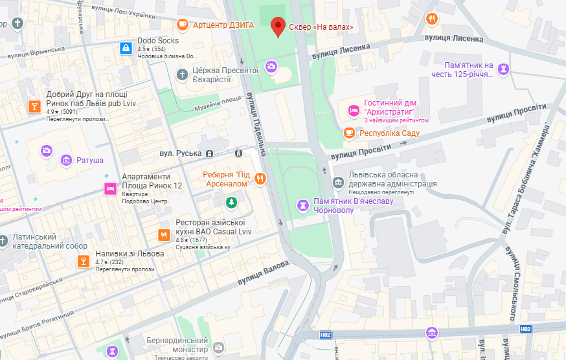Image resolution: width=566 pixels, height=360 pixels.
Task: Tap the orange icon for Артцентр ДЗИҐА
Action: [183, 25]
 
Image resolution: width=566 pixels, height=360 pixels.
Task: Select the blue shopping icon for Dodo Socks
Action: [126, 48]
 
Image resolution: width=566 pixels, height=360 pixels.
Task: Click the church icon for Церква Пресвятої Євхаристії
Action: [183, 74]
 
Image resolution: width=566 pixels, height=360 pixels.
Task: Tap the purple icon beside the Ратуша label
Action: [66, 160]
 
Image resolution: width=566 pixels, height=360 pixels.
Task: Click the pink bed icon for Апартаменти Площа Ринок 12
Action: [111, 188]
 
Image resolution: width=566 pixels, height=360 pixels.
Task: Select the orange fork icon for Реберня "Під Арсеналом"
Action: [260, 179]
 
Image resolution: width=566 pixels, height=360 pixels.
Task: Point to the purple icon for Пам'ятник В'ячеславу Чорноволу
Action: [302, 205]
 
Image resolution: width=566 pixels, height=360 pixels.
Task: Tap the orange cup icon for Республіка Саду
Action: [349, 133]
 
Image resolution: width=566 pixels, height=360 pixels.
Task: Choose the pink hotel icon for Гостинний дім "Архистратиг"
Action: [354, 111]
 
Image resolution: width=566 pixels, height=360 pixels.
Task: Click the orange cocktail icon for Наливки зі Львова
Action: [83, 261]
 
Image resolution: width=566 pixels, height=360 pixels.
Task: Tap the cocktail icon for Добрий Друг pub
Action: [34, 106]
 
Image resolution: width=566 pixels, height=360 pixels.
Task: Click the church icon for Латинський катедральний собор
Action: [3, 241]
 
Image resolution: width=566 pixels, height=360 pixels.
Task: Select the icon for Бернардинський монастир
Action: [220, 348]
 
